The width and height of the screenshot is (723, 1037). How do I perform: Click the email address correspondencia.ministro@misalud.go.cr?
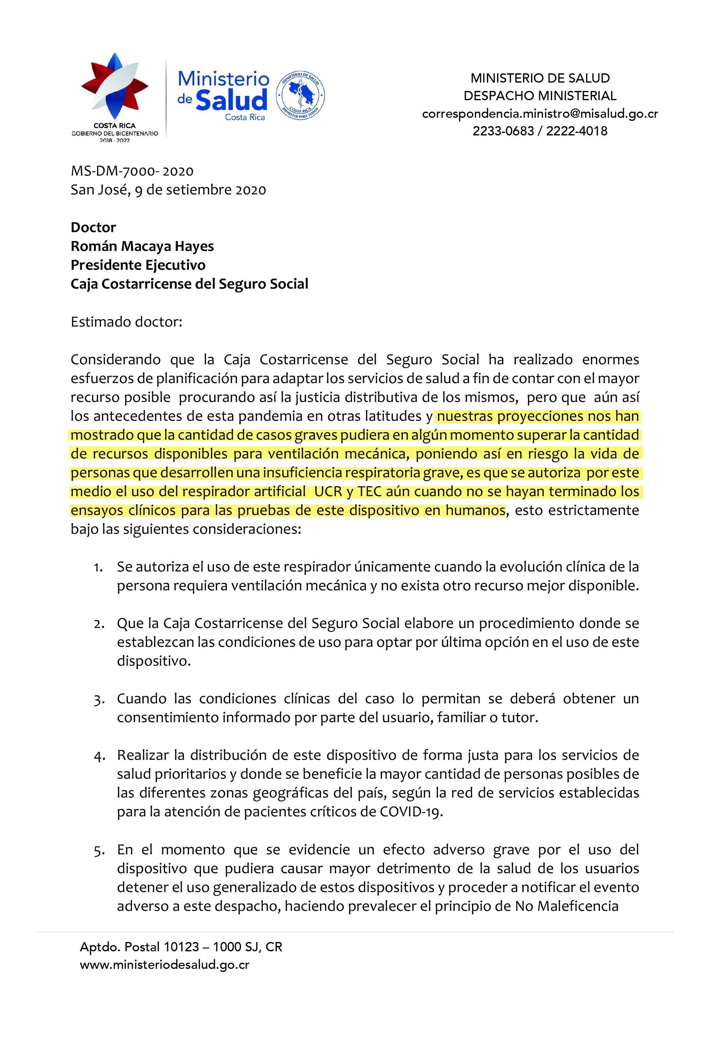click(x=540, y=114)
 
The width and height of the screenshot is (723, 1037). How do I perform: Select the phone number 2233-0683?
click(x=503, y=131)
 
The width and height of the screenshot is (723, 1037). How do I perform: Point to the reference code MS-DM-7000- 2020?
click(x=132, y=171)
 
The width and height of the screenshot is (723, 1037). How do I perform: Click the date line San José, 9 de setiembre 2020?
click(x=168, y=190)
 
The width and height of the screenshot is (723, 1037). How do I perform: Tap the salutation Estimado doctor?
click(x=127, y=322)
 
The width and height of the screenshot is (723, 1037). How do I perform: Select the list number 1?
click(x=98, y=567)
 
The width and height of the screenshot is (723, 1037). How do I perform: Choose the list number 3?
click(x=98, y=699)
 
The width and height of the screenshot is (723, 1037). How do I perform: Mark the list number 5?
click(x=98, y=851)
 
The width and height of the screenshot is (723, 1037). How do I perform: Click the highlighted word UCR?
click(x=328, y=491)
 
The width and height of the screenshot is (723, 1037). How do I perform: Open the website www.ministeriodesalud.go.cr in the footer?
click(x=164, y=965)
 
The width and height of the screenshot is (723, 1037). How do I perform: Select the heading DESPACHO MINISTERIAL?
click(x=540, y=96)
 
